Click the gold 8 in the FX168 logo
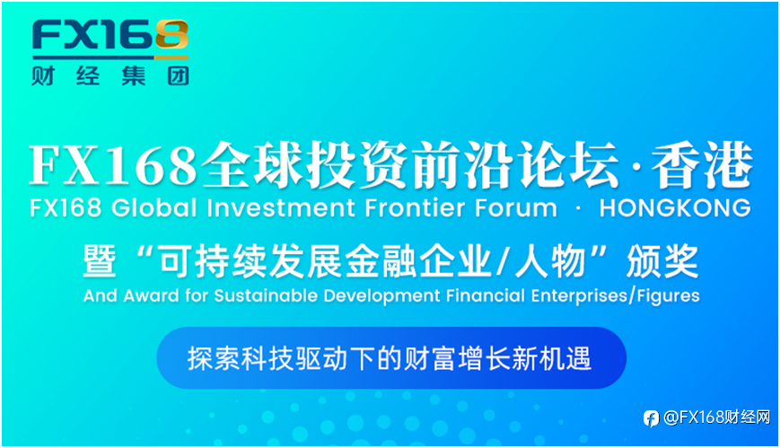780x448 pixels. click(172, 35)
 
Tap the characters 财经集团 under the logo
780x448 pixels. click(110, 76)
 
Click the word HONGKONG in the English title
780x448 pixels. click(675, 208)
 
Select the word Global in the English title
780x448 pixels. click(154, 208)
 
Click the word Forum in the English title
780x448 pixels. click(516, 208)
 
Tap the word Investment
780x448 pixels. click(281, 208)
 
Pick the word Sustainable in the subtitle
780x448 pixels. click(267, 295)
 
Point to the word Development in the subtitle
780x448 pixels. click(382, 296)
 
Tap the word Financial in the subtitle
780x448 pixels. click(486, 295)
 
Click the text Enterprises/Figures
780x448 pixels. click(616, 296)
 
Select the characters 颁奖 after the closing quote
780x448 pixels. click(662, 261)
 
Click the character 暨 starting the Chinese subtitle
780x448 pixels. click(100, 261)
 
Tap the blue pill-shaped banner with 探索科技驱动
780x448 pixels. click(391, 358)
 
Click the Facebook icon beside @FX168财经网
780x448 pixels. click(651, 418)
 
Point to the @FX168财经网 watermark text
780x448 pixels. click(717, 417)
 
